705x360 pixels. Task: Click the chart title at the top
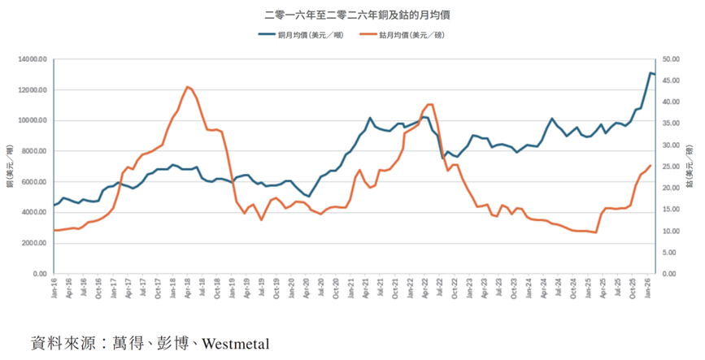point(352,15)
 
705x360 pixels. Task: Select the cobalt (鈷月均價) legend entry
point(413,35)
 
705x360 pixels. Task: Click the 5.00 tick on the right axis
point(672,253)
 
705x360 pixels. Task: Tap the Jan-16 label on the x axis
point(54,288)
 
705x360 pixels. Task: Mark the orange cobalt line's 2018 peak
point(187,87)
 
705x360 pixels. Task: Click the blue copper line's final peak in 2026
point(651,73)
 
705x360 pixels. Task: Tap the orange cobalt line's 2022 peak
point(430,104)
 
